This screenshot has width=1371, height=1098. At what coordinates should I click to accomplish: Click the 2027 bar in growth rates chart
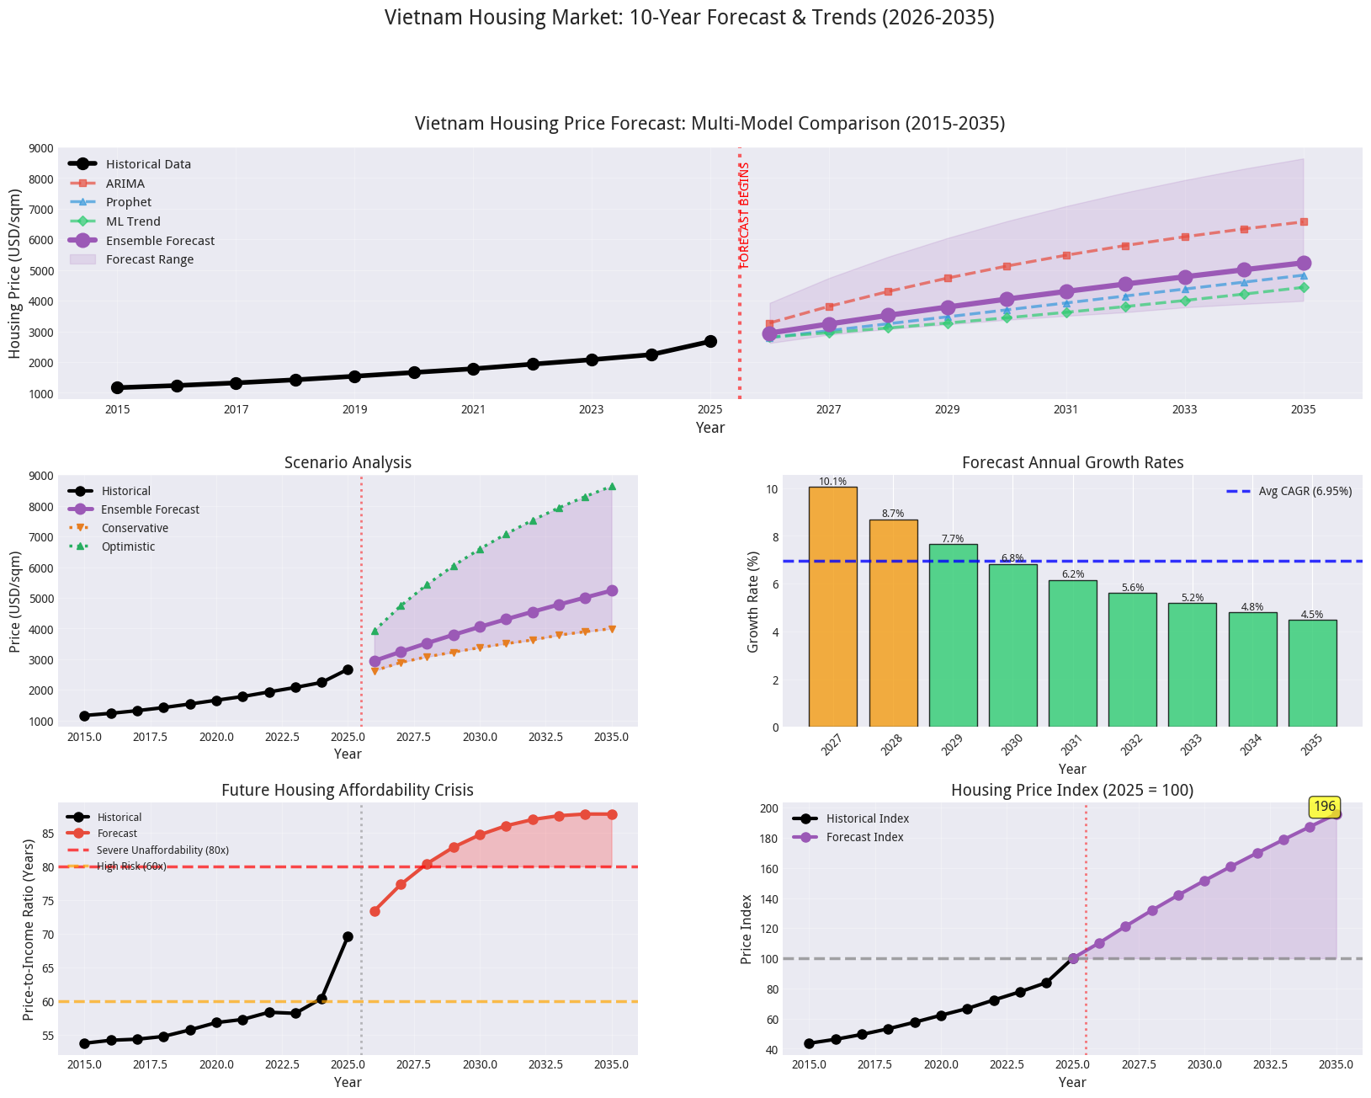(832, 606)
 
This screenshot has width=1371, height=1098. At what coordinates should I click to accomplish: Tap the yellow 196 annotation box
(1324, 807)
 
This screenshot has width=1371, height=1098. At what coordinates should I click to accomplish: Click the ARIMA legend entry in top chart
(125, 184)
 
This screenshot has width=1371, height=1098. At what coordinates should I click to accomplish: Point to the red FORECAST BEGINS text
(745, 216)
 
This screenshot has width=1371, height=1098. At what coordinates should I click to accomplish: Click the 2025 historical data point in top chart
(710, 341)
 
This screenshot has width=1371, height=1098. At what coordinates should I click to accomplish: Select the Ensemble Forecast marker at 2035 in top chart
(1303, 264)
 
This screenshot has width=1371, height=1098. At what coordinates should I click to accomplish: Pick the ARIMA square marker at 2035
(1303, 221)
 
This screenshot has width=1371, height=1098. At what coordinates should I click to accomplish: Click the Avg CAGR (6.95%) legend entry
(1305, 491)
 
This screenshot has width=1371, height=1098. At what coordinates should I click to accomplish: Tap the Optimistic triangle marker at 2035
(612, 487)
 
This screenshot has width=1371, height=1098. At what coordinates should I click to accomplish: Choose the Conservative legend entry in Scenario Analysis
(134, 528)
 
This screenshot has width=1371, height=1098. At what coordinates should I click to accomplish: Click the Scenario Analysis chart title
(348, 462)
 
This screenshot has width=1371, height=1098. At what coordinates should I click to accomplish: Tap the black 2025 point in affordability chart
(348, 936)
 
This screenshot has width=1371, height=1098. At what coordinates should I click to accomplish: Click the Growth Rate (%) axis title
(754, 601)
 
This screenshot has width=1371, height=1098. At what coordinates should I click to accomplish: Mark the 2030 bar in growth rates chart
(1012, 645)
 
